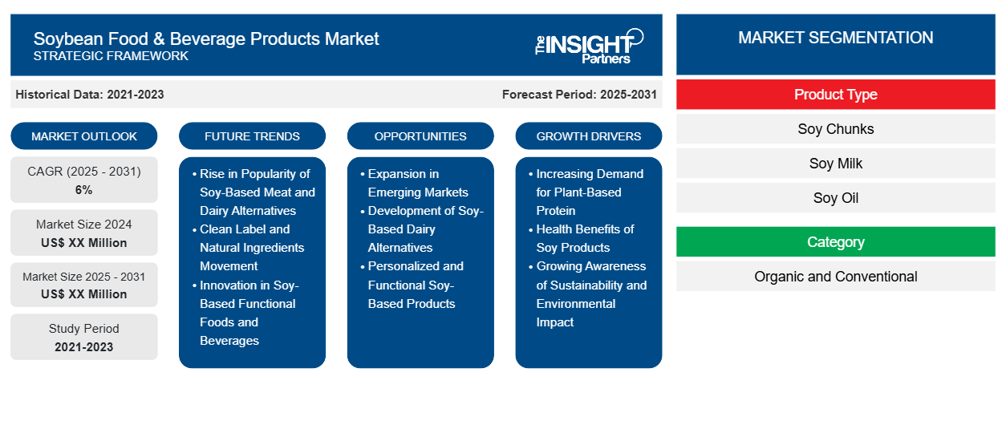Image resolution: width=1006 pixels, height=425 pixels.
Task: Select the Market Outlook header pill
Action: tap(84, 136)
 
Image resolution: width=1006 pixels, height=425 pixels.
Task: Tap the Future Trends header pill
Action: tap(252, 136)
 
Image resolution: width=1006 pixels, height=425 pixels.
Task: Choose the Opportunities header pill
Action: tap(420, 136)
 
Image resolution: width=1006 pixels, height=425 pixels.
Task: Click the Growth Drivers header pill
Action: tap(589, 136)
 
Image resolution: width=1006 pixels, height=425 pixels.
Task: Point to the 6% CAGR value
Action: tap(84, 190)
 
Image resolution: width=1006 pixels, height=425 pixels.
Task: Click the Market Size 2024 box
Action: tap(84, 233)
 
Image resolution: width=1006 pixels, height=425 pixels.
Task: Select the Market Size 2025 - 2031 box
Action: tap(84, 285)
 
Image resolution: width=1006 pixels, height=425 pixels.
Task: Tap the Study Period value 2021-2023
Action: tap(84, 347)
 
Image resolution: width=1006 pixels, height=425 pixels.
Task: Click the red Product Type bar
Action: tap(835, 95)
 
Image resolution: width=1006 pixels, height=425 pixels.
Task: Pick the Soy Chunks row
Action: tap(835, 129)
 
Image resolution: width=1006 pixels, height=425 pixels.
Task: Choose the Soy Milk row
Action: tap(835, 164)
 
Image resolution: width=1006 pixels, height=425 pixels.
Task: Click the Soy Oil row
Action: tap(835, 198)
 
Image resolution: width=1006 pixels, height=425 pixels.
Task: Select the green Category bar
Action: tap(835, 242)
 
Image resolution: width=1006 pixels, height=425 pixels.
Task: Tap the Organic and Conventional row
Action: tap(835, 277)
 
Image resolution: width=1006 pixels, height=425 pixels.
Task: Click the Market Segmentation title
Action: tap(835, 38)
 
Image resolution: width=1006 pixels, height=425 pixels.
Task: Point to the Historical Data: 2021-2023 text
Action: tap(90, 95)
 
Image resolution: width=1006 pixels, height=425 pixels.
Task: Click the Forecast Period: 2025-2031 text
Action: tap(579, 95)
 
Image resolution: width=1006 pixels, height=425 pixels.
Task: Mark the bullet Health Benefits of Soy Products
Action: tap(585, 238)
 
